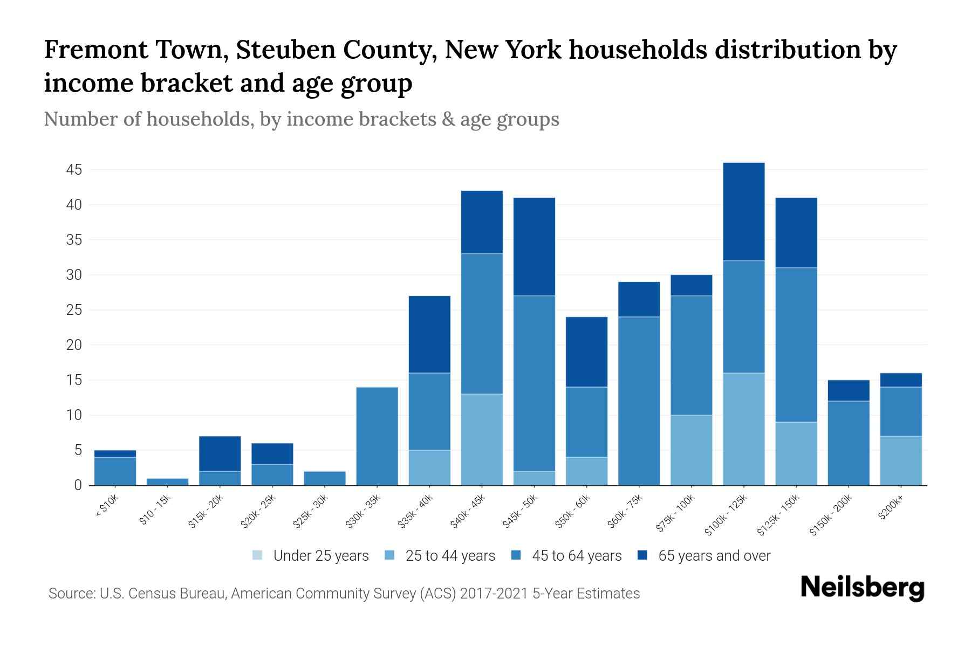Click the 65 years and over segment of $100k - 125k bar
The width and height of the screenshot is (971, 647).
tap(744, 211)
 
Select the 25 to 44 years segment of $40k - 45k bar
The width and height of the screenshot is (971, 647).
tap(482, 439)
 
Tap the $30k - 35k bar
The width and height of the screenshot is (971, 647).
tap(377, 436)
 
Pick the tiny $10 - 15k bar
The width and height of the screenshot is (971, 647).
tap(167, 481)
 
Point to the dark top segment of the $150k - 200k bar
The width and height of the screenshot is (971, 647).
tap(849, 390)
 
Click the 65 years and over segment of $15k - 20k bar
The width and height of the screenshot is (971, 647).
tap(220, 453)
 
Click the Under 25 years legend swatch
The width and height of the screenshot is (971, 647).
tap(258, 555)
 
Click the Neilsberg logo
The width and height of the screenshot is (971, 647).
tap(862, 588)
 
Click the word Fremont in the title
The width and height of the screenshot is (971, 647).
tap(96, 50)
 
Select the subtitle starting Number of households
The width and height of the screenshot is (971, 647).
tap(301, 119)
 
